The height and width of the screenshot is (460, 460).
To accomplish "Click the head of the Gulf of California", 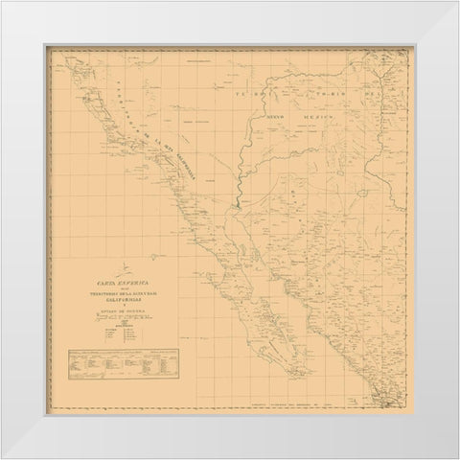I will [x=234, y=205].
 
